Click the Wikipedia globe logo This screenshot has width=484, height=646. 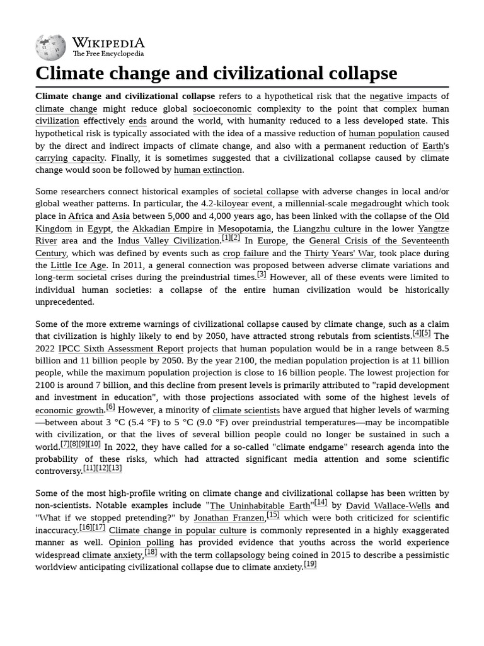point(50,47)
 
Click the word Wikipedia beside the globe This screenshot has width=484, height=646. point(108,43)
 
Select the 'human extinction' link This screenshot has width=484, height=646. point(207,170)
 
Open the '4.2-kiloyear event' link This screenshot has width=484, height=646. point(236,204)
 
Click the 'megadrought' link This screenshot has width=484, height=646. point(377,204)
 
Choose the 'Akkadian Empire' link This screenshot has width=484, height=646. point(168,228)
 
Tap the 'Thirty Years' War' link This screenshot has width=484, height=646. point(339,253)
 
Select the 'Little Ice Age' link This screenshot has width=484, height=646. point(79,266)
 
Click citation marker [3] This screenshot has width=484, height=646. point(261,275)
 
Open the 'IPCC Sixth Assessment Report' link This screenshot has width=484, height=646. point(121,349)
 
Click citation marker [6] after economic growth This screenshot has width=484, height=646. point(110,408)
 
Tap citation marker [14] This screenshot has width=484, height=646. point(321,503)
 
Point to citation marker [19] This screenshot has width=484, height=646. point(310,565)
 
